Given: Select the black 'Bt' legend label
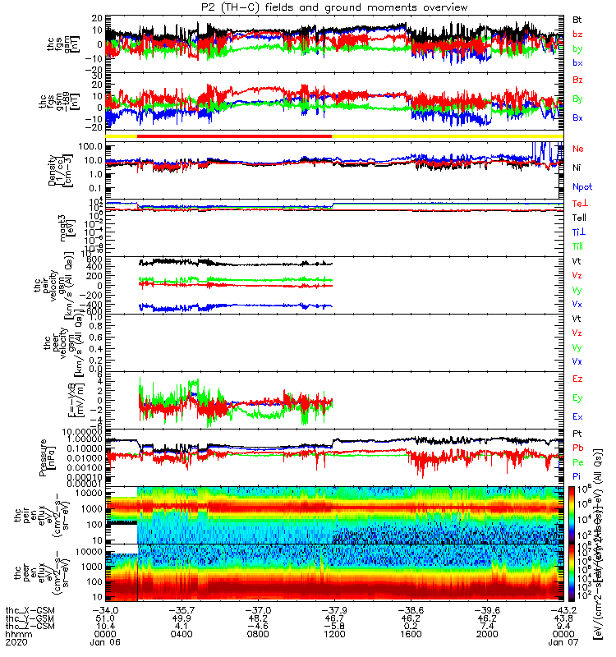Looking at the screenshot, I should (577, 19).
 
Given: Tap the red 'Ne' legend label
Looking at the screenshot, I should (577, 149).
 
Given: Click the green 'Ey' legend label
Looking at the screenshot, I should (577, 397).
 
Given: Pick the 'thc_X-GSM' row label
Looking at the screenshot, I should (30, 610).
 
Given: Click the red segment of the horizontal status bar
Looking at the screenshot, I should (234, 136).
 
